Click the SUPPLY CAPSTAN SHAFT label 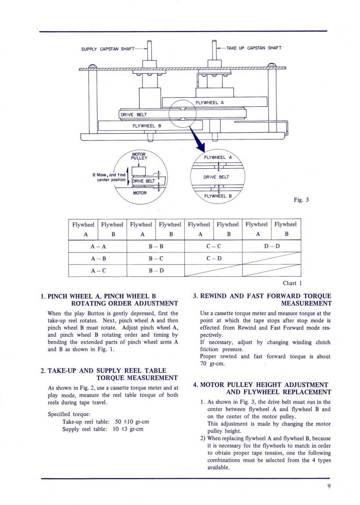click(108, 49)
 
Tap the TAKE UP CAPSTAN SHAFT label click(254, 48)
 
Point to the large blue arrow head click(200, 147)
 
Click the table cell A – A click(98, 247)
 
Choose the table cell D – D click(271, 247)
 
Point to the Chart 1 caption click(292, 283)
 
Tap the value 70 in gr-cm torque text click(204, 364)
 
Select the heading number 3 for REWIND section click(195, 296)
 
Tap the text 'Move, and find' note click(108, 175)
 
